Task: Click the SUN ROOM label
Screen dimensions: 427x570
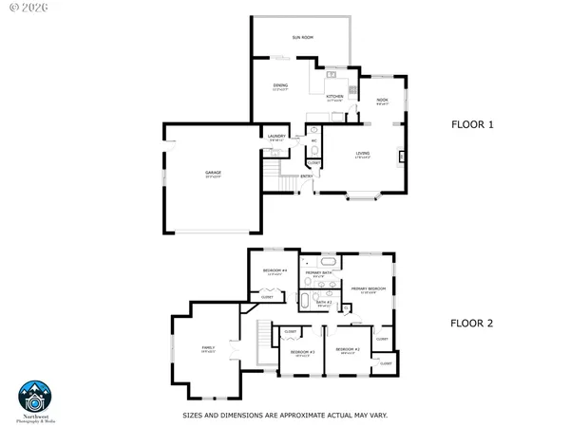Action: [x=302, y=37]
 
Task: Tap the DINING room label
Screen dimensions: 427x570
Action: [x=279, y=86]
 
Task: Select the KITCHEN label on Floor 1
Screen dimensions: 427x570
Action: [x=334, y=96]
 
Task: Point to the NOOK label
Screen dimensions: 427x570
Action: [x=382, y=100]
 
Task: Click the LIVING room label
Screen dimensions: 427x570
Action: [x=362, y=152]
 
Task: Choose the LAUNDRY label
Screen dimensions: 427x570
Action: [x=276, y=137]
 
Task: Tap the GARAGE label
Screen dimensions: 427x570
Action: [x=213, y=173]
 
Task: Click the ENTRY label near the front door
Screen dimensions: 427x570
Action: [x=307, y=176]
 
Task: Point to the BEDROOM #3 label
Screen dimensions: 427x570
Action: [x=302, y=352]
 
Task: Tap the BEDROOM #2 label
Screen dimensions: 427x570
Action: [x=348, y=351]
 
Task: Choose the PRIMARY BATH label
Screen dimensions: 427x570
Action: [x=318, y=272]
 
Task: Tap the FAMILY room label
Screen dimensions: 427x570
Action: [x=208, y=348]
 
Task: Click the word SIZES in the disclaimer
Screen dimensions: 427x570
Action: [x=192, y=415]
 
